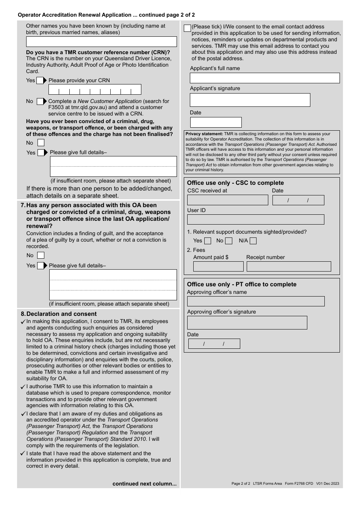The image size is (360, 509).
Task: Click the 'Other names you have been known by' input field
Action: tap(101, 42)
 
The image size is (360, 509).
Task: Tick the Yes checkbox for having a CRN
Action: tap(40, 80)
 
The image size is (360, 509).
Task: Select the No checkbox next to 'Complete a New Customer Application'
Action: tap(40, 101)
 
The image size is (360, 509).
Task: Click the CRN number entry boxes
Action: tap(95, 90)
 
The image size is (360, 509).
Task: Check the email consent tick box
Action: tap(187, 28)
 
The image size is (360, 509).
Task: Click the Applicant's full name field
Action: tap(265, 78)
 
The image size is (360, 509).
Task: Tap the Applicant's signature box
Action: tap(250, 100)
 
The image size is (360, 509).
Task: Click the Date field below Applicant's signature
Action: tap(216, 122)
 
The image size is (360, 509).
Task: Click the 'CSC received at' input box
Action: tap(227, 200)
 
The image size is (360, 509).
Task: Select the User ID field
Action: tap(255, 220)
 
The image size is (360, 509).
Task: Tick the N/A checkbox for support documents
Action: tap(253, 241)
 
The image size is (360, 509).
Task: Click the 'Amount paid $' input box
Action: tap(218, 267)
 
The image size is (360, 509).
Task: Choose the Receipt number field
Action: tap(289, 267)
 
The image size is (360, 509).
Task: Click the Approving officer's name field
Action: tap(256, 301)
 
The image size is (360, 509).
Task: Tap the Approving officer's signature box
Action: tap(247, 323)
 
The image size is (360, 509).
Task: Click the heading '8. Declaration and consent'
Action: tap(59, 314)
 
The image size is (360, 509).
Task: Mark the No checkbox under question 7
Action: tap(41, 256)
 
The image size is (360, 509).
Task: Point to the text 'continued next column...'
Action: tap(144, 484)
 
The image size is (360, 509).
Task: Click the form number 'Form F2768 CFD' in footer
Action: tap(299, 484)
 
